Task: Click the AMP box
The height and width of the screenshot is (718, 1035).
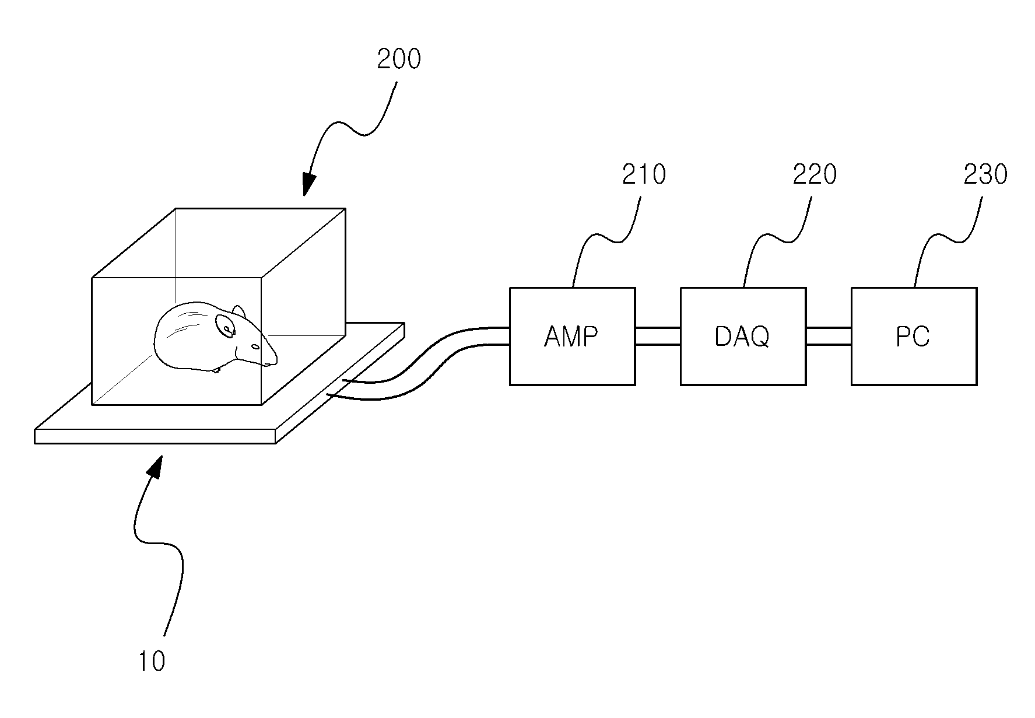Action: click(x=572, y=336)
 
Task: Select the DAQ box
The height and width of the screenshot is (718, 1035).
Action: click(x=743, y=336)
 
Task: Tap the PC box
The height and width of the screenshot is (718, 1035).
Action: click(x=914, y=336)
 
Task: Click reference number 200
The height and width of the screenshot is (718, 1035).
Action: click(x=399, y=59)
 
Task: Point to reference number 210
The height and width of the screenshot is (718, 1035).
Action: click(x=644, y=174)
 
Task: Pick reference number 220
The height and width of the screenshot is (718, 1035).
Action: click(x=815, y=174)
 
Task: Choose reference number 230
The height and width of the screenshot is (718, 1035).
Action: click(x=985, y=174)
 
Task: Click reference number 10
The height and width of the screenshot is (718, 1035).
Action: click(x=152, y=661)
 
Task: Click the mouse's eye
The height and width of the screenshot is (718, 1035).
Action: click(x=255, y=346)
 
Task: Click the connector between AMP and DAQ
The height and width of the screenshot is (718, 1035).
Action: click(x=658, y=337)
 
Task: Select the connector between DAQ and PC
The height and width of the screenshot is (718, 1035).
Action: click(x=829, y=337)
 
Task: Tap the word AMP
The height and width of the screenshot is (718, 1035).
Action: click(x=571, y=337)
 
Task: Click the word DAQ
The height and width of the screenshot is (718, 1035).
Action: click(x=742, y=337)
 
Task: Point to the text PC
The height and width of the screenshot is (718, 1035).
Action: click(x=913, y=337)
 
